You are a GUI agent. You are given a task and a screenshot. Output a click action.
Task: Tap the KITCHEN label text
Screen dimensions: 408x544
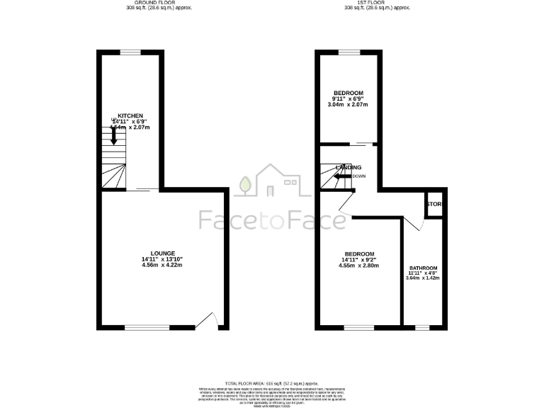[130, 115]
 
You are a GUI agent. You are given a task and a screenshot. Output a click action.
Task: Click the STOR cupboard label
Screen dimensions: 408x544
[434, 205]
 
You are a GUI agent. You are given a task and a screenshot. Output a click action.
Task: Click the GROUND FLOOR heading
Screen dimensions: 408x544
[151, 4]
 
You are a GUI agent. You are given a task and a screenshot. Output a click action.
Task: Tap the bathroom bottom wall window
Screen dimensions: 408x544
[422, 327]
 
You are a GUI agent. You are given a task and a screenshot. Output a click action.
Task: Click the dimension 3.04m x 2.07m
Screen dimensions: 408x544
[348, 105]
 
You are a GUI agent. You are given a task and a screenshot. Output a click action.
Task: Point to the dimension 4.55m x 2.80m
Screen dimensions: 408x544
[359, 266]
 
